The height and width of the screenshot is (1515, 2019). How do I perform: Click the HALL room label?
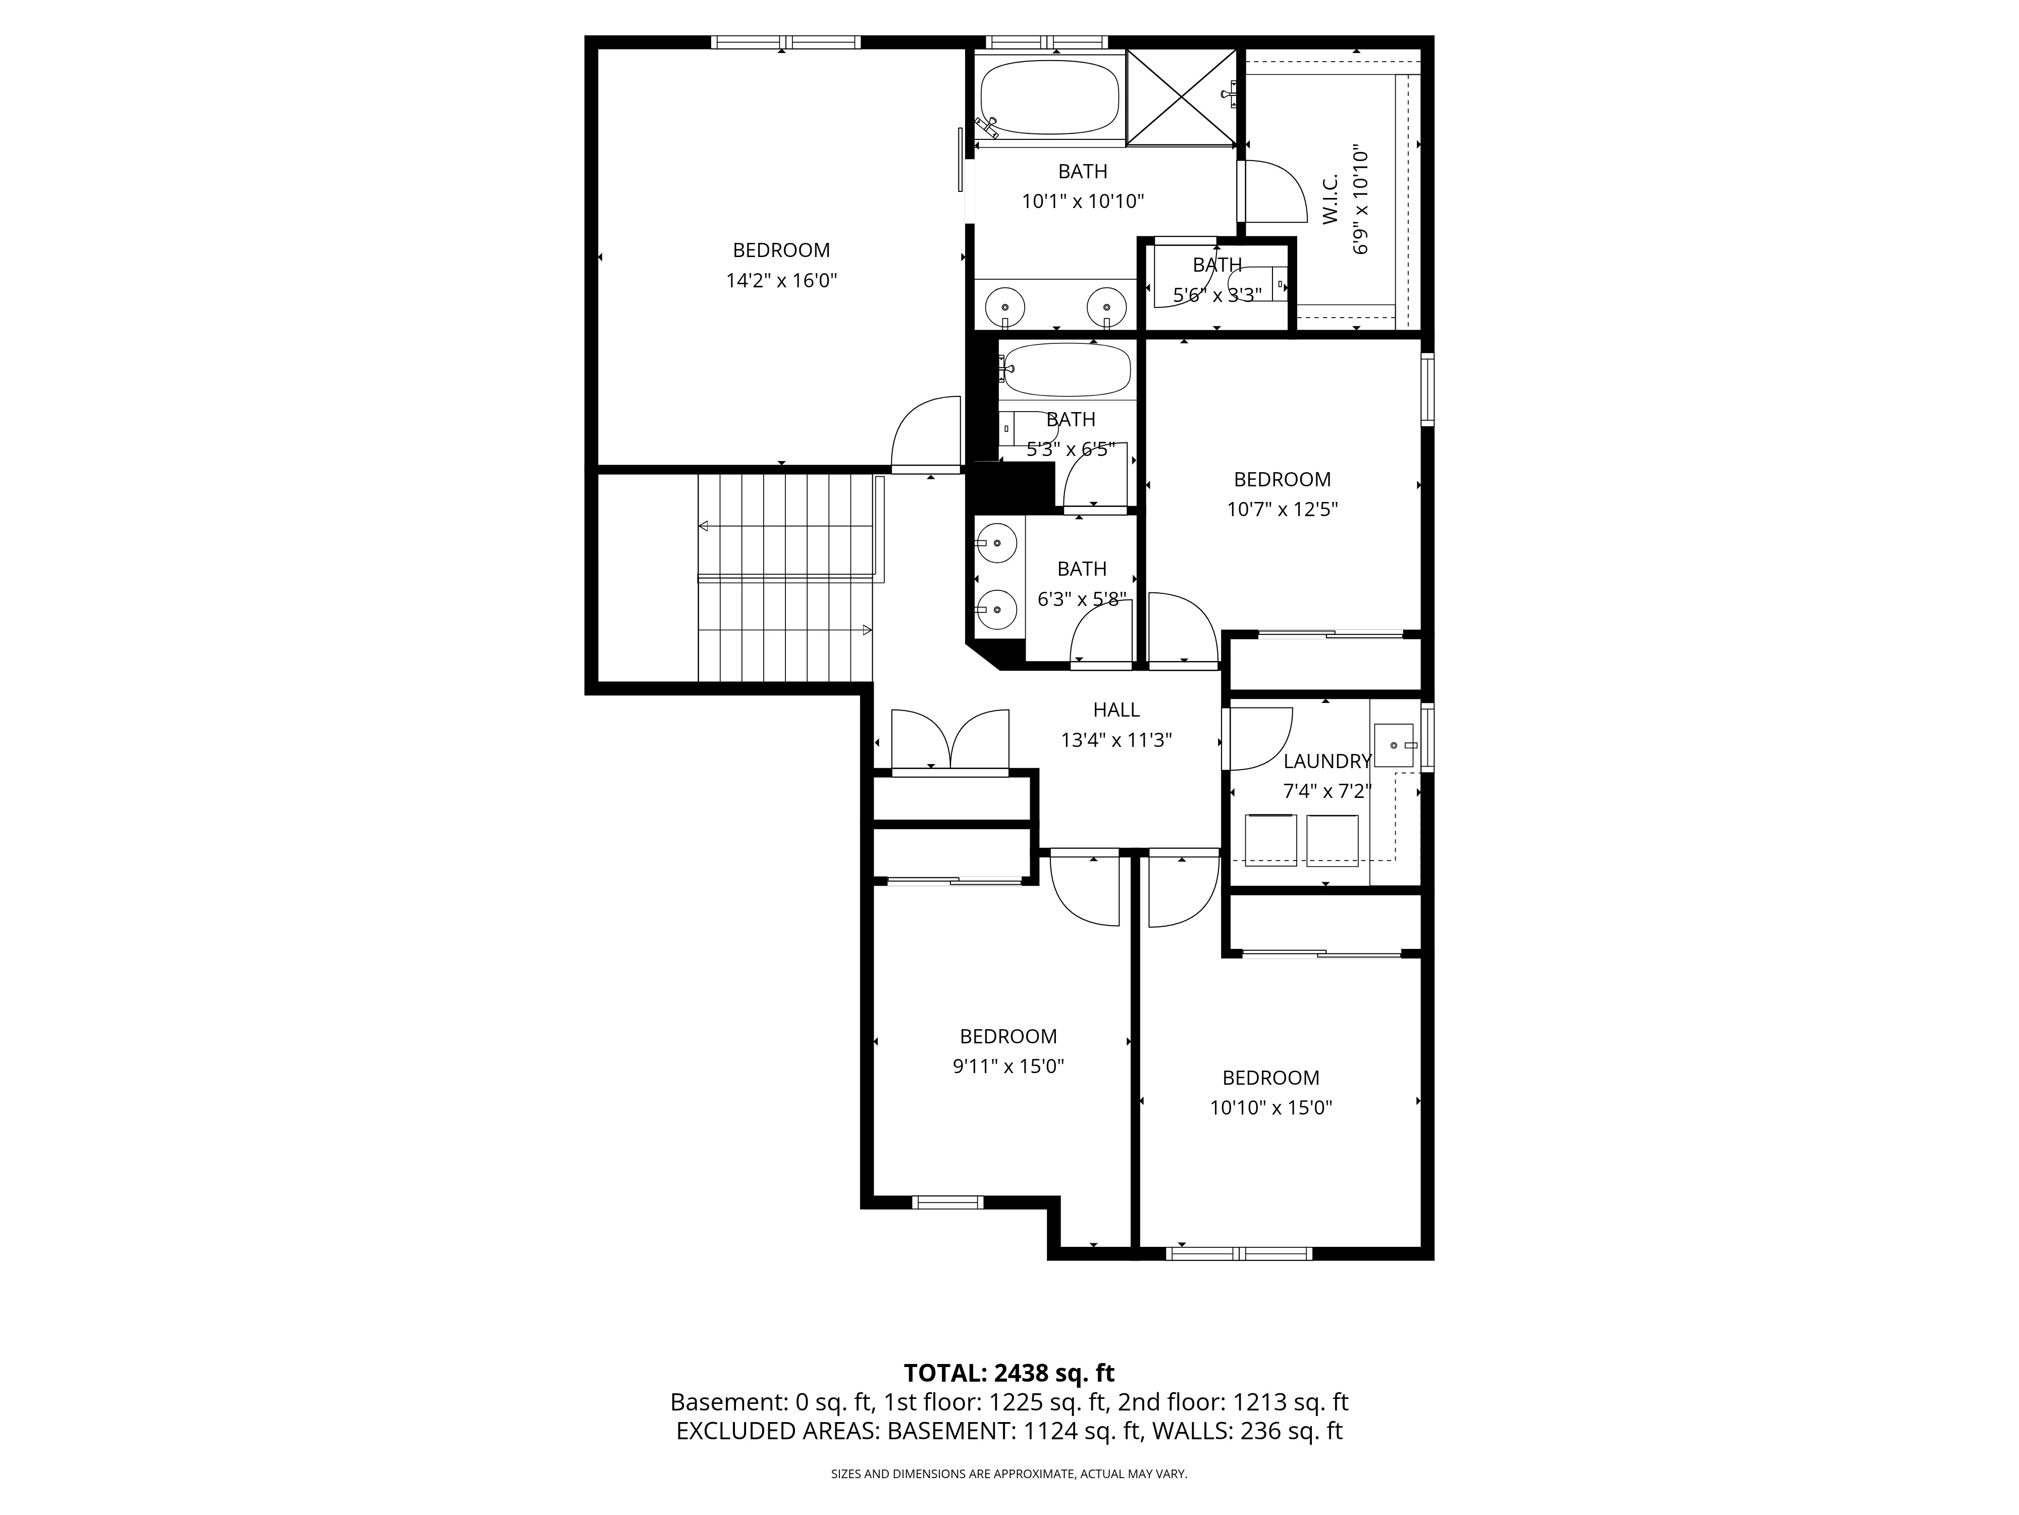(1117, 710)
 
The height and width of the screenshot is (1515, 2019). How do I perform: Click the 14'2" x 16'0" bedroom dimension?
(781, 280)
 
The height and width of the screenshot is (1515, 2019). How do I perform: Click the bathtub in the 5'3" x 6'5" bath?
(1066, 370)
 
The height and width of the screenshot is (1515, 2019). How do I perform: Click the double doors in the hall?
(950, 741)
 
